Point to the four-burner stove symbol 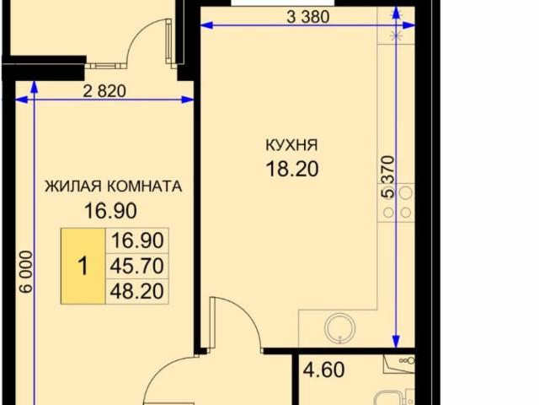(398, 203)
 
